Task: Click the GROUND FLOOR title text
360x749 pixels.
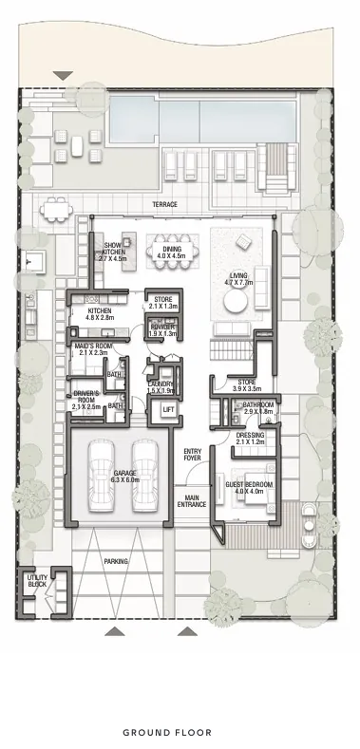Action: tap(180, 732)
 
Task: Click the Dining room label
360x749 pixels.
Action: tap(171, 251)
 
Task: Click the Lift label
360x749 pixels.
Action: tap(169, 409)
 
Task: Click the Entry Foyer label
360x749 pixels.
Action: tap(193, 454)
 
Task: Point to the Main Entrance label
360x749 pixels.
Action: tap(193, 499)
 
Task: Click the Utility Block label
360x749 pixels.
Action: tap(37, 580)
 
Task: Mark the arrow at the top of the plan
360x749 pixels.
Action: tap(63, 75)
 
